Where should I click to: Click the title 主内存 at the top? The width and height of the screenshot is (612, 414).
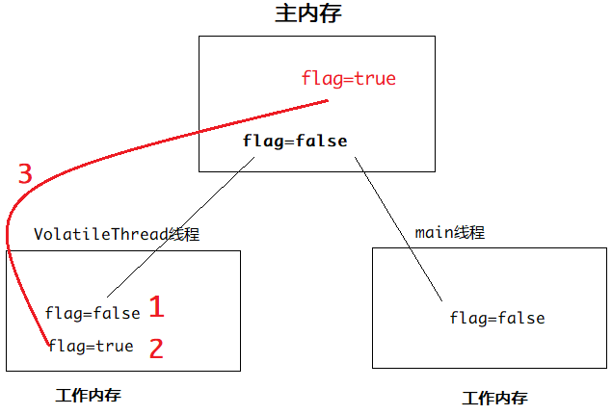[x=308, y=14]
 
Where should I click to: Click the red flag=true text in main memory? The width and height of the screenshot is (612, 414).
[x=348, y=79]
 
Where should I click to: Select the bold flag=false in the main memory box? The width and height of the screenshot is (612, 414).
[x=295, y=142]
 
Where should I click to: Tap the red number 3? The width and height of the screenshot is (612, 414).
[x=25, y=174]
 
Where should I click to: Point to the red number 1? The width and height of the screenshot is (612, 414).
[x=156, y=308]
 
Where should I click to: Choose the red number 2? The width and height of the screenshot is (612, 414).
[x=155, y=347]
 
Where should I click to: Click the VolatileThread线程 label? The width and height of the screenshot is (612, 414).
[x=117, y=234]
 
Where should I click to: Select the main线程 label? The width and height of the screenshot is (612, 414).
[x=449, y=233]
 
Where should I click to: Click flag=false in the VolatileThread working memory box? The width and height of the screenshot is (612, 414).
[x=93, y=313]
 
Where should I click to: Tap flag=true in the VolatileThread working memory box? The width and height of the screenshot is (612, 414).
[x=91, y=347]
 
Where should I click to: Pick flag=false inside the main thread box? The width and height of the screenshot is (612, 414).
[x=497, y=319]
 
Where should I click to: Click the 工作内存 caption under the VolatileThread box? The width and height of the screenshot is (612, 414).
[x=89, y=396]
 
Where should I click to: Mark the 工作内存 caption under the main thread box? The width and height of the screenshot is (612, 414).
[x=494, y=398]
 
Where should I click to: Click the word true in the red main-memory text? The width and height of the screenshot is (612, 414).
[x=375, y=79]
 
